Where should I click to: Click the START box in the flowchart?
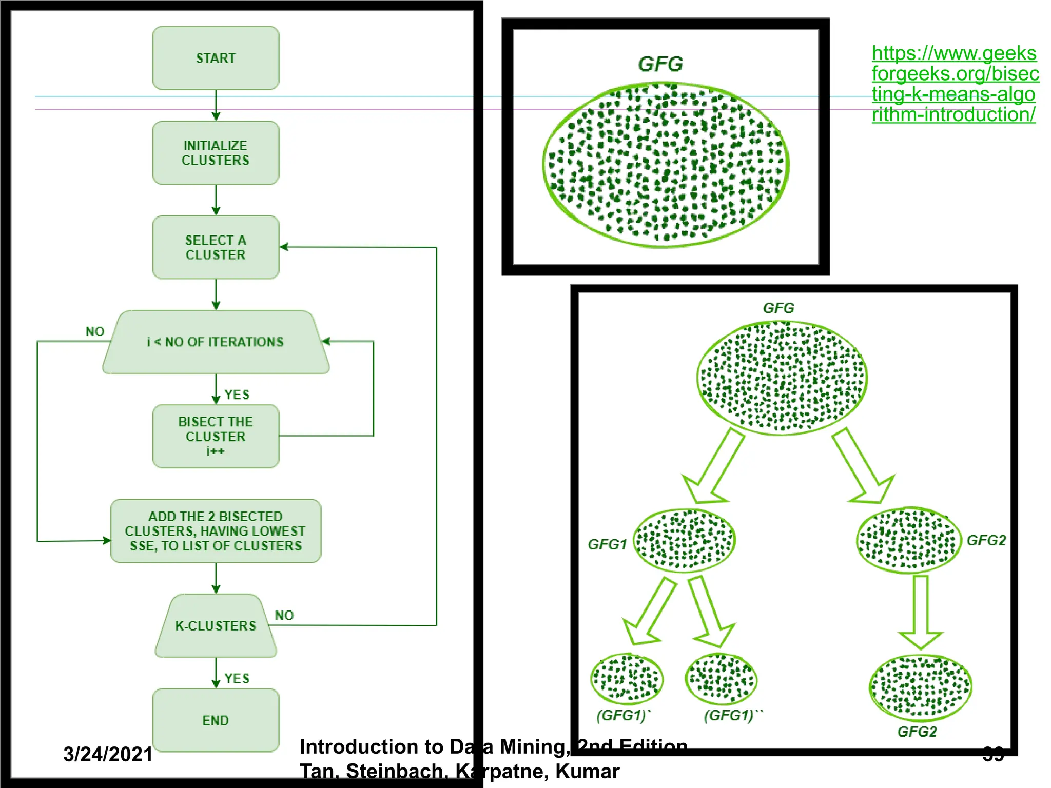[216, 58]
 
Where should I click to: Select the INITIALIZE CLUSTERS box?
[216, 152]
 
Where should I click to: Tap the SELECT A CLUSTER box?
[216, 247]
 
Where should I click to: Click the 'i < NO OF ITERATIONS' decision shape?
[216, 342]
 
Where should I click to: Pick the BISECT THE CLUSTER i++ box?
[216, 436]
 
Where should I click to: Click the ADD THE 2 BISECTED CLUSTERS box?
[216, 531]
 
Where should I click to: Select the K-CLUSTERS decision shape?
[216, 625]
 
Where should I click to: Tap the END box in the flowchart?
[216, 720]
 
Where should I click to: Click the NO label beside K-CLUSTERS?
[284, 615]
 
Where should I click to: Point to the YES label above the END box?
[237, 678]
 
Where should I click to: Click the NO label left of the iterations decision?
[95, 331]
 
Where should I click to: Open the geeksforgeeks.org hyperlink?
[955, 84]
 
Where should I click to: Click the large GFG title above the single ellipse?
[661, 64]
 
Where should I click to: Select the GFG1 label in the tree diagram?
[608, 544]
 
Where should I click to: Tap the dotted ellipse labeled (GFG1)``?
[721, 679]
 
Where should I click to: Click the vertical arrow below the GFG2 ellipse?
[921, 610]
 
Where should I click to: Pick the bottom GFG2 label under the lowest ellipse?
[917, 732]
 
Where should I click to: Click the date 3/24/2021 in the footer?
[108, 754]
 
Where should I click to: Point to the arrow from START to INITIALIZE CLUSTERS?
[216, 105]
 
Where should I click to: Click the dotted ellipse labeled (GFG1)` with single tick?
[627, 679]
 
